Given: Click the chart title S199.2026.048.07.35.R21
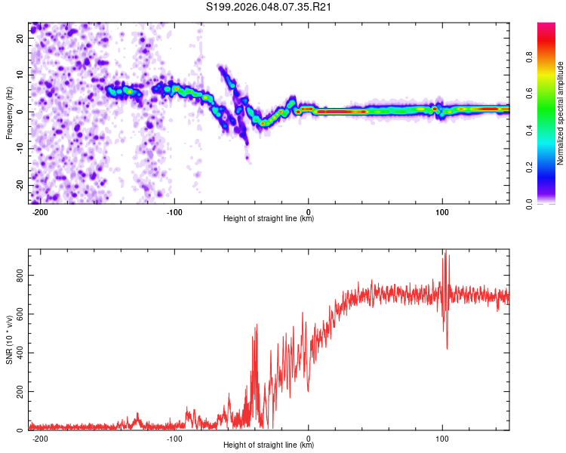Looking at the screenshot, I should (x=269, y=8).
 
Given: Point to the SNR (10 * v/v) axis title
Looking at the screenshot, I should (x=10, y=340).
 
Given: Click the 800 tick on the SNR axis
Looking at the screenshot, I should (x=18, y=276).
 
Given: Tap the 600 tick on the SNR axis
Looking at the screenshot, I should (x=18, y=315).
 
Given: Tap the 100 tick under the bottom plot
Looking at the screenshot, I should (x=442, y=438).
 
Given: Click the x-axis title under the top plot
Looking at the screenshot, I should (x=269, y=219).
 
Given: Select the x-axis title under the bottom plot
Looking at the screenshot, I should (x=269, y=445).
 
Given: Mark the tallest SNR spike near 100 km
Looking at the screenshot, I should (x=445, y=251).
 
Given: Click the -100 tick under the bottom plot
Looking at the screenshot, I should (x=174, y=438).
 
